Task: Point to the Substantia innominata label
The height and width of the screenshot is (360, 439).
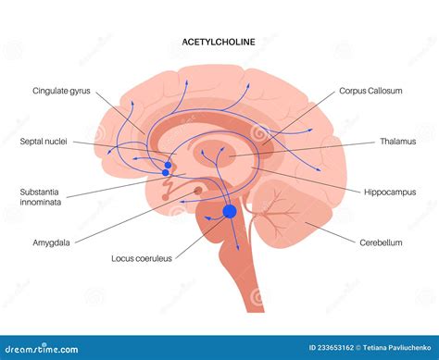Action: click(41, 198)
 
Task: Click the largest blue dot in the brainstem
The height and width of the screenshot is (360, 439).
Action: click(230, 212)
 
